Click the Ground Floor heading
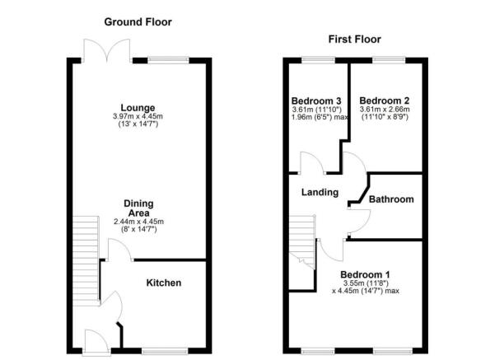(x=138, y=21)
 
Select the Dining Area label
(x=138, y=208)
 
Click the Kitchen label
(x=164, y=283)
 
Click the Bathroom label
(x=391, y=199)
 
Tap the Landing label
(x=320, y=192)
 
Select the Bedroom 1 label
(x=366, y=274)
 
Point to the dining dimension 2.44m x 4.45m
(x=138, y=226)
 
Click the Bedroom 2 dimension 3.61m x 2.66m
(x=384, y=114)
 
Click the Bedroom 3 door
(x=311, y=164)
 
